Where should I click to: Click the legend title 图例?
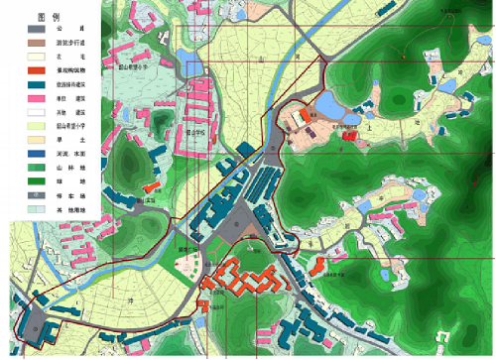(42, 19)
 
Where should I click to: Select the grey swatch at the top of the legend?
(30, 31)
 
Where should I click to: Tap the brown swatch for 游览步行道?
(30, 45)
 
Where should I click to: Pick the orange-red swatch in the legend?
(30, 71)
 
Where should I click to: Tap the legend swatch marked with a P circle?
(30, 197)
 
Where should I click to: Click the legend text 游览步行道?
(69, 45)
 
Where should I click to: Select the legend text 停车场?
(69, 197)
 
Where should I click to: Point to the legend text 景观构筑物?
(69, 72)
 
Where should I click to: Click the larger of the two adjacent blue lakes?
(328, 104)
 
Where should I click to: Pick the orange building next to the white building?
(151, 186)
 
